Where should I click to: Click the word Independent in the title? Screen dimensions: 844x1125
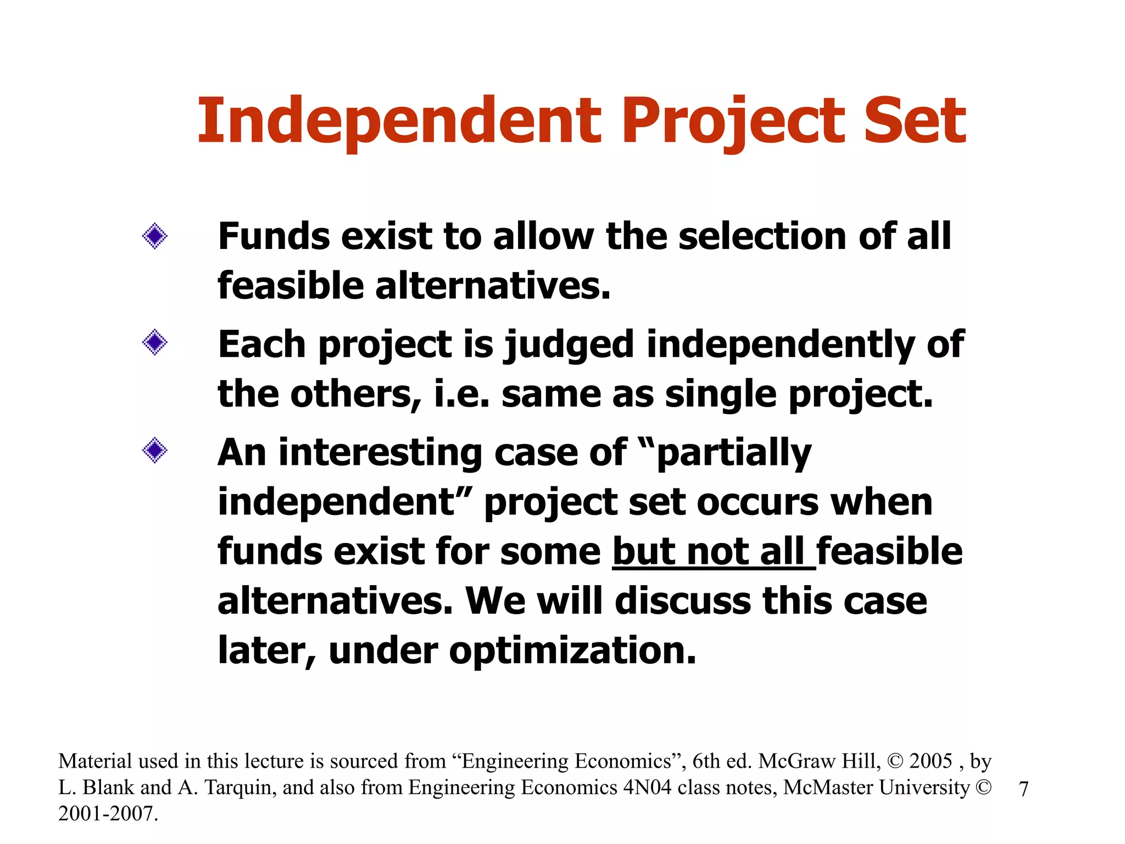click(x=399, y=121)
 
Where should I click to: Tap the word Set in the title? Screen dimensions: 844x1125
click(x=914, y=121)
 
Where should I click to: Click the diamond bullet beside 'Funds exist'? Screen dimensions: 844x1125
click(x=154, y=236)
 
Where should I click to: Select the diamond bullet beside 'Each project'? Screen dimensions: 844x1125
click(x=154, y=343)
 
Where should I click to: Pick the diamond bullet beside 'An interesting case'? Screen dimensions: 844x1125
click(x=154, y=451)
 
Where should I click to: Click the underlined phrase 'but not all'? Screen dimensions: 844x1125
click(x=713, y=552)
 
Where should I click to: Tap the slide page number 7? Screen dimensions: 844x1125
click(x=1023, y=789)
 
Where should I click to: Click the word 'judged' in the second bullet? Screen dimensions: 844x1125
click(x=569, y=345)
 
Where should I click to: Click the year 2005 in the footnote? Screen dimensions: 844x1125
click(x=931, y=762)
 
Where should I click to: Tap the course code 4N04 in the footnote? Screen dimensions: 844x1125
click(x=647, y=788)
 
